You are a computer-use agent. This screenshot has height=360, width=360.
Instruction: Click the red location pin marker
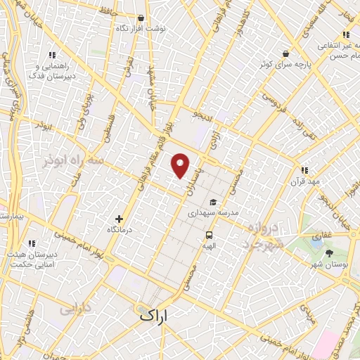coord(181,166)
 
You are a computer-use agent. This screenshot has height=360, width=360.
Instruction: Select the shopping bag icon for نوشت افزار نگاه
coord(141,18)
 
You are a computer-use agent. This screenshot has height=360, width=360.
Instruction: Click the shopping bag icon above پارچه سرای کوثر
coord(285,53)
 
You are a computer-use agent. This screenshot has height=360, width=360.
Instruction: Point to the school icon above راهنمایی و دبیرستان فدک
coord(52,54)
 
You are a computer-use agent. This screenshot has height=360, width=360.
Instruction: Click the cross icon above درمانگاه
coord(119,219)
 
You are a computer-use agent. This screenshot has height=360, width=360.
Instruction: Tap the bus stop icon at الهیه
coord(209,235)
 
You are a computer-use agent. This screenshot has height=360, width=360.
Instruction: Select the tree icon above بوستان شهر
coord(330,253)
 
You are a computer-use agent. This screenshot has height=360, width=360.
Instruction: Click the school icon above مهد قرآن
coord(304,170)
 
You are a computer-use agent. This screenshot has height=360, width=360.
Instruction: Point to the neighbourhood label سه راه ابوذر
coord(72,160)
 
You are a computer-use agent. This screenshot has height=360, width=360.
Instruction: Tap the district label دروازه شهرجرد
coord(266,236)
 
